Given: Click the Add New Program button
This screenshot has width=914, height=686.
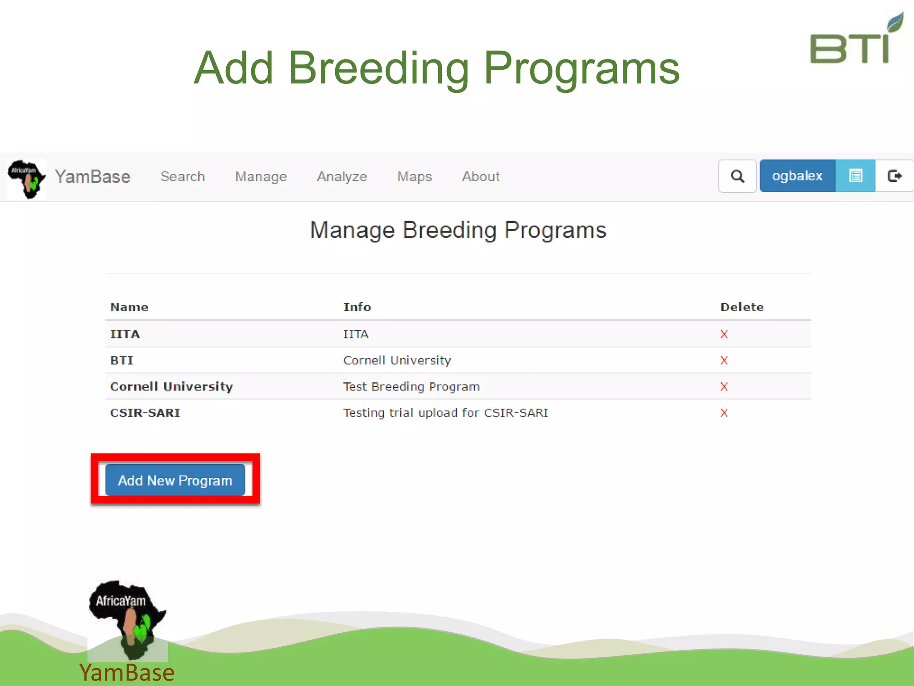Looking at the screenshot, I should (175, 480).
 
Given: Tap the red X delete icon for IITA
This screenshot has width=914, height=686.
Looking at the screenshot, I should (724, 334).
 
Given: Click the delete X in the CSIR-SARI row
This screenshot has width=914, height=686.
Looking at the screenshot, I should (724, 413).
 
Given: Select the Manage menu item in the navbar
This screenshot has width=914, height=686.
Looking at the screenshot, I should (261, 176).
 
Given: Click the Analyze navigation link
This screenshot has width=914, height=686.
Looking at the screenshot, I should (342, 176).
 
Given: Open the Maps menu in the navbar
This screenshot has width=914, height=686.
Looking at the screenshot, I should (415, 176).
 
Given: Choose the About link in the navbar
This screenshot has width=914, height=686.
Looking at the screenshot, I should (481, 176).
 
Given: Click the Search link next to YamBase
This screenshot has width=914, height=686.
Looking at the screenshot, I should (183, 176).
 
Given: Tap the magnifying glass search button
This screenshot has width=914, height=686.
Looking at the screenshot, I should (737, 176).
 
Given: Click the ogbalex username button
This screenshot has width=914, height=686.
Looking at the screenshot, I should (797, 176).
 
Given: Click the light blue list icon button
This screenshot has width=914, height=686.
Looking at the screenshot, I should (855, 176).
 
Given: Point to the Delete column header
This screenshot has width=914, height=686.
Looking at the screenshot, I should (742, 307).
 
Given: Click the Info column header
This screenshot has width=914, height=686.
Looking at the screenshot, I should (357, 307).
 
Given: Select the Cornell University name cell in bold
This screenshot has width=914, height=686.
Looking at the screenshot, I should (171, 387).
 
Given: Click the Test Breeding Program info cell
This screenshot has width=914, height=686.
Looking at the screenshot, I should (411, 387).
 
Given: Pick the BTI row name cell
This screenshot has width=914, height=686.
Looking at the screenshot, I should (121, 360).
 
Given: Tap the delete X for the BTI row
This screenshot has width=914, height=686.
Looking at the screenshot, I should (724, 360).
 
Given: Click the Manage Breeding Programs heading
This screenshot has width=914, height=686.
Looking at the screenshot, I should (458, 230).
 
